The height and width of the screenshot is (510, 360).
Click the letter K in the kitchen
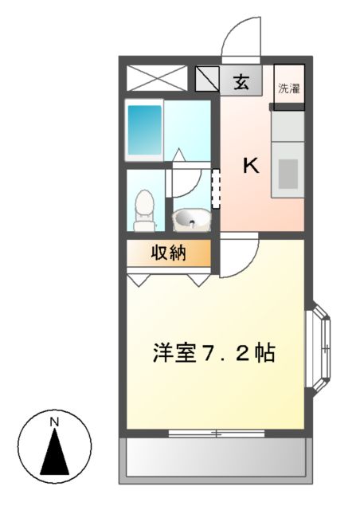coord(251,166)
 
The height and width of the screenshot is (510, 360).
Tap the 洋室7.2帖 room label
coord(214,352)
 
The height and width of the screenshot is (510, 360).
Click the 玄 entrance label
coord(241,80)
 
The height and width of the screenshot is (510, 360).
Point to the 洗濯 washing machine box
coord(288,88)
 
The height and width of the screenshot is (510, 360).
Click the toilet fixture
coord(144,210)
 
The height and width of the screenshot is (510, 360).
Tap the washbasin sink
coord(190,218)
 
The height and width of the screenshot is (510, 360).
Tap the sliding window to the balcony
coord(214,433)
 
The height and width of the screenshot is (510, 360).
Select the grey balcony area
coord(214,460)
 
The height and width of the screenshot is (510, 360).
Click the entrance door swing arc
coord(241,38)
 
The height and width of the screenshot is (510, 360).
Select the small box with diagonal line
coord(207,79)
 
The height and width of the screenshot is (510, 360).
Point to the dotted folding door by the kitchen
coord(215,188)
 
